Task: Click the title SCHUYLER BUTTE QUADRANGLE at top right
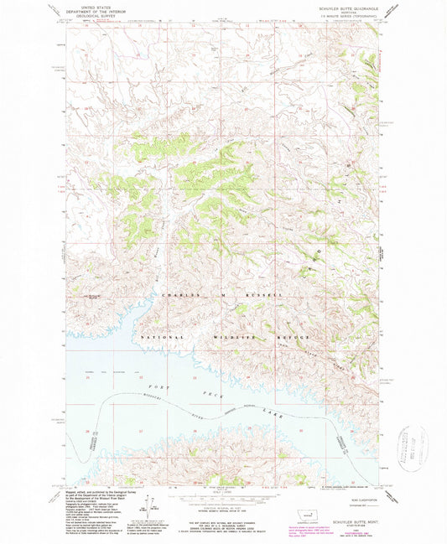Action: (353, 5)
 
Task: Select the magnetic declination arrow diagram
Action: (154, 505)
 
